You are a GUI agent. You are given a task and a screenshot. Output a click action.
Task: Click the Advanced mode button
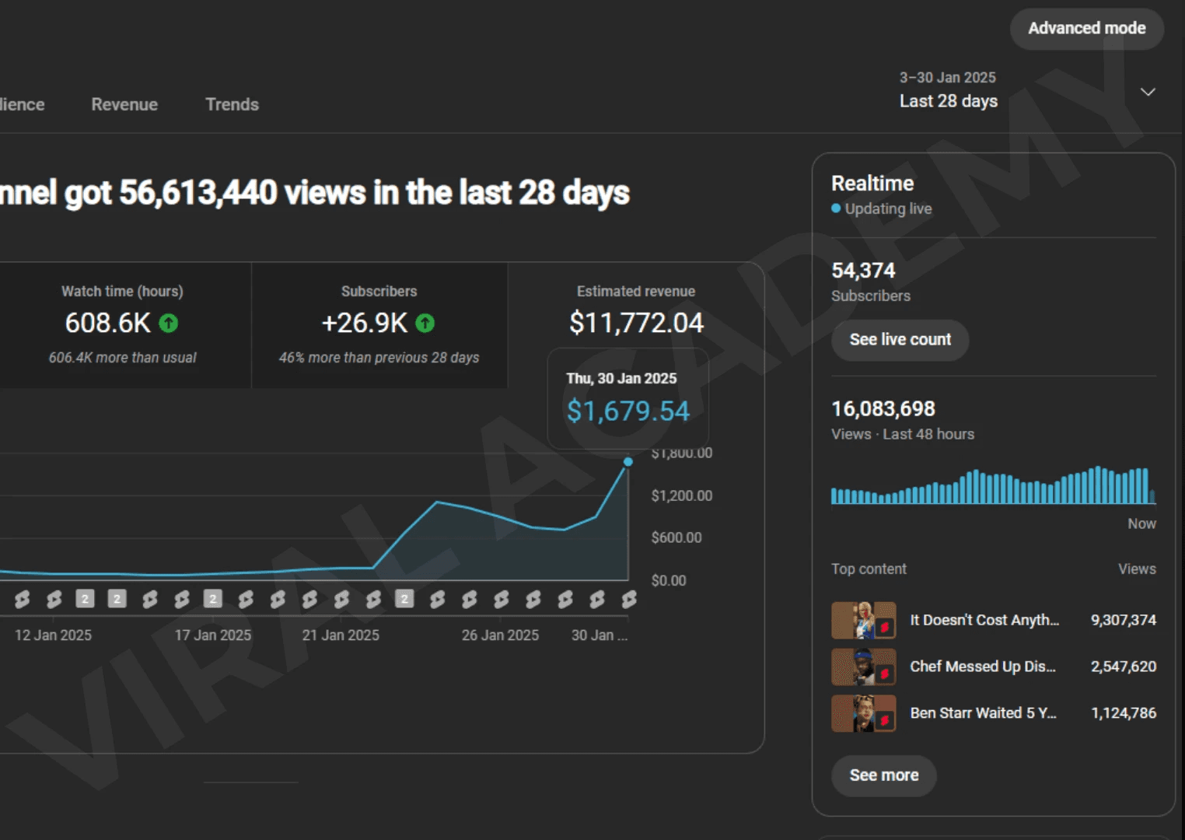tap(1086, 29)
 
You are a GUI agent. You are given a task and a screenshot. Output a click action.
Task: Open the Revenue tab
tap(124, 104)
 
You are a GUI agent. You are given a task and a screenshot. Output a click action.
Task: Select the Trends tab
tap(232, 104)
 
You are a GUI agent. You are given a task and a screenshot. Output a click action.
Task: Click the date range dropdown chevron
tap(1147, 92)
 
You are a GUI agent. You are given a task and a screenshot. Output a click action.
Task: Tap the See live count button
tap(900, 340)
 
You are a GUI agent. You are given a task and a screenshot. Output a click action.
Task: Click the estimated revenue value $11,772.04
tap(636, 323)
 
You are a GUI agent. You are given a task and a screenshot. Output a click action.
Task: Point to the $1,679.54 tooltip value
tap(627, 411)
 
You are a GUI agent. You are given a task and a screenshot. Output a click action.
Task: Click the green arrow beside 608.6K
tap(169, 323)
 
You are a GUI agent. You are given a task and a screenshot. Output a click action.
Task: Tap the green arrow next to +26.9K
tap(425, 323)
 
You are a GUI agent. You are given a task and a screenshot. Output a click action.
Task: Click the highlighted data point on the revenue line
tap(628, 462)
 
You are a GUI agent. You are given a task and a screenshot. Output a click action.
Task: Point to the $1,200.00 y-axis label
tap(681, 495)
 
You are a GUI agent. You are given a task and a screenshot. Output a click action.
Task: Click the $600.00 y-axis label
tap(676, 537)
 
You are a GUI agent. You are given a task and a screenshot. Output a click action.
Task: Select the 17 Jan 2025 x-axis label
tap(213, 635)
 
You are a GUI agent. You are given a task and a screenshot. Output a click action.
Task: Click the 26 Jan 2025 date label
tap(500, 635)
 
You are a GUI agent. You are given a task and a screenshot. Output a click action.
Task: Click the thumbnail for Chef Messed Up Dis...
tap(863, 667)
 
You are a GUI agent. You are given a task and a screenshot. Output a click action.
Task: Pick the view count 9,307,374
tap(1123, 620)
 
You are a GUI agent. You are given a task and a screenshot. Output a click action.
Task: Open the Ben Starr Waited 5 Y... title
tap(983, 712)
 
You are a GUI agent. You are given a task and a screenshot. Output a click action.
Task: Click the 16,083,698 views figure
tap(883, 408)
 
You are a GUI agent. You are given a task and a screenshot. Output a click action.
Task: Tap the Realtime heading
tap(872, 184)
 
